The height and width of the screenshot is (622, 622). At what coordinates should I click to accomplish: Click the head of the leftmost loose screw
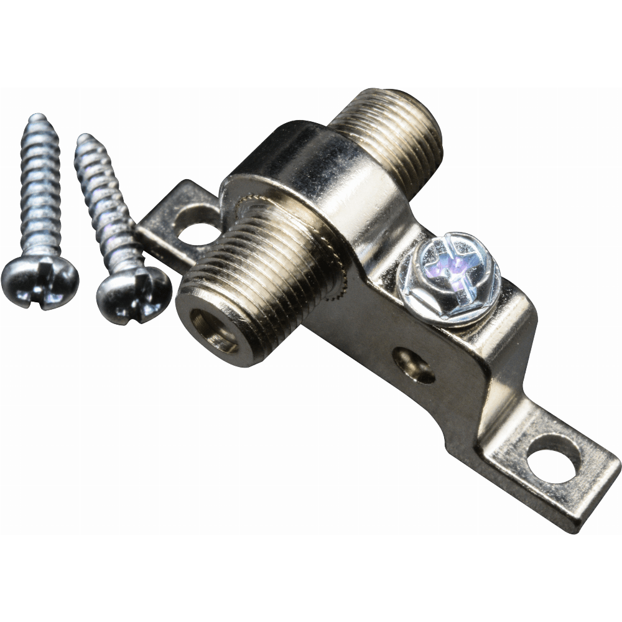pyautogui.click(x=39, y=283)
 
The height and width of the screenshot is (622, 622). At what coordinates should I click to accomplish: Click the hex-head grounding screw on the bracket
pyautogui.click(x=449, y=278)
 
